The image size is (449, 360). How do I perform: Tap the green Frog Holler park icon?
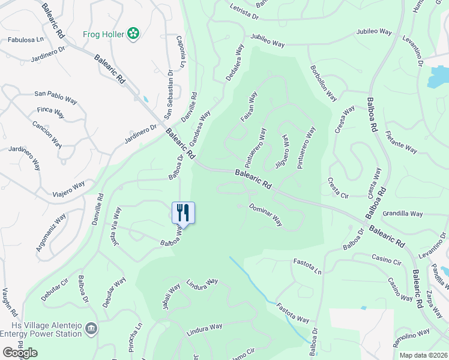click(x=134, y=34)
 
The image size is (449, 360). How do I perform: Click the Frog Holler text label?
click(x=105, y=34)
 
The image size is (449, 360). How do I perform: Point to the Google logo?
click(x=20, y=353)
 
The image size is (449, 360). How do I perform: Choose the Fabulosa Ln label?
click(x=26, y=40)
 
